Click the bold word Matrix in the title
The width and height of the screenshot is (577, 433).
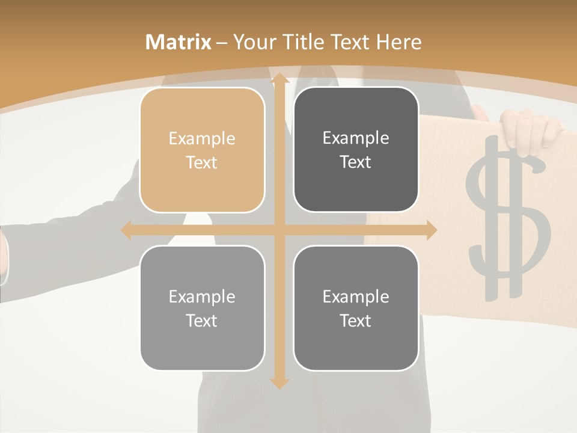(179, 42)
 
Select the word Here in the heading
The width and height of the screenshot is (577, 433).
(399, 42)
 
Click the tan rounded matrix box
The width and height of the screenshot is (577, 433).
(202, 150)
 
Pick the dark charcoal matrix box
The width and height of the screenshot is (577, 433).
(356, 150)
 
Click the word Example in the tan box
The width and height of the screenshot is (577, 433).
(202, 138)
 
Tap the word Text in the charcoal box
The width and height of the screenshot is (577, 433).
(356, 162)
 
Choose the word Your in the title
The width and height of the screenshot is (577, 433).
(253, 42)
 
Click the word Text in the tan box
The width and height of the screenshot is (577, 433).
(202, 162)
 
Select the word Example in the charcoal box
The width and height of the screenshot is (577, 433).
(356, 138)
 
